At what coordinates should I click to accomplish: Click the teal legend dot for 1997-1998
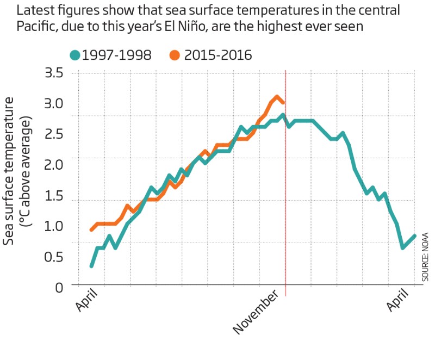pos(75,55)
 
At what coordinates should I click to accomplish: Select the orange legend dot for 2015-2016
pos(175,55)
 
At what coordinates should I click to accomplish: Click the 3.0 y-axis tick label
pos(52,103)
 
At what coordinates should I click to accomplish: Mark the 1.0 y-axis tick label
pos(52,226)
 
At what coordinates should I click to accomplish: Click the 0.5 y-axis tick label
pos(52,256)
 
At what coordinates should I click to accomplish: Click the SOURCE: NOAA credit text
pos(425,256)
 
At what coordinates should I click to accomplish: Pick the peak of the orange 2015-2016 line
pos(277,98)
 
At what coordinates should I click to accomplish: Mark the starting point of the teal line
pos(91,266)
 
